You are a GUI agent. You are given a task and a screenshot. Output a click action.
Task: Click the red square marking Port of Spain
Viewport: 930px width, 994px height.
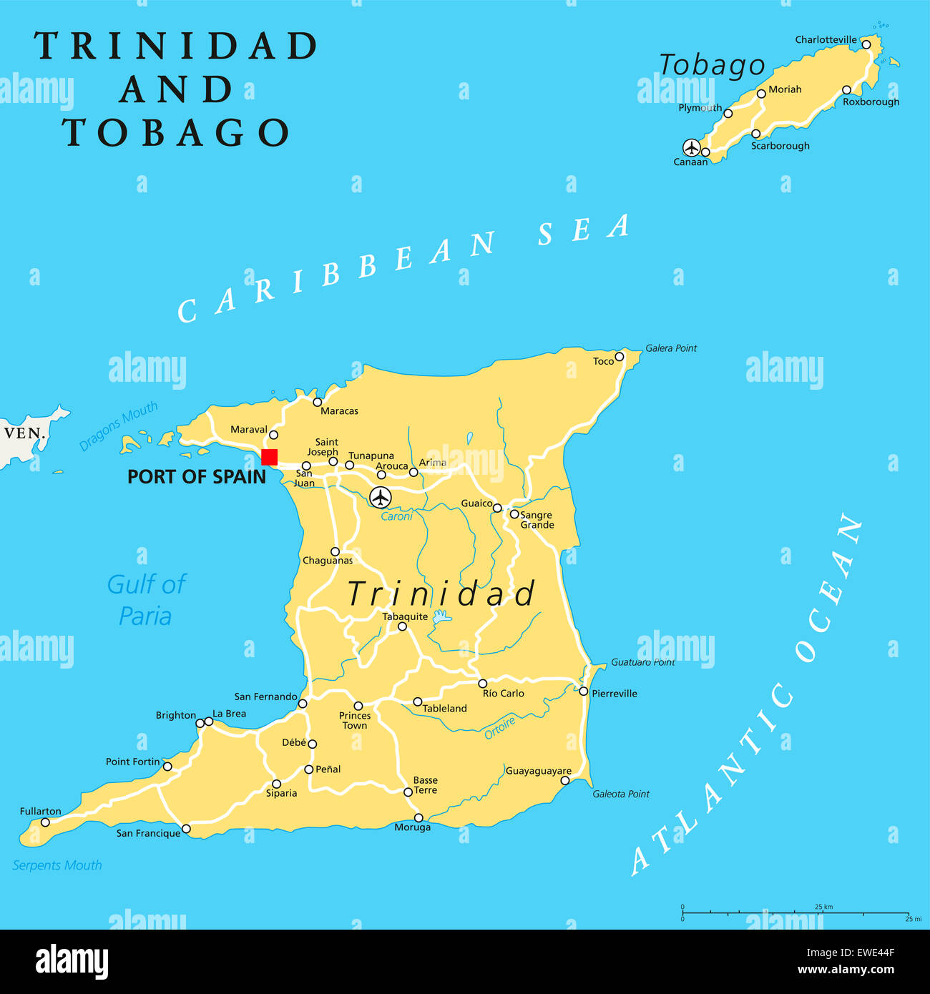(x=269, y=457)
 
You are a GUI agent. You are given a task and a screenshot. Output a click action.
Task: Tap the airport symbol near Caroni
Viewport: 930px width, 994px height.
(x=381, y=496)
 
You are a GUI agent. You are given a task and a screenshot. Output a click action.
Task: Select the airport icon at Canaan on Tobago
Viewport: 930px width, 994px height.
(x=691, y=147)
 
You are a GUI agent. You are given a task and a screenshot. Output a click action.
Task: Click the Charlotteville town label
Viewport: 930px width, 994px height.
(x=826, y=40)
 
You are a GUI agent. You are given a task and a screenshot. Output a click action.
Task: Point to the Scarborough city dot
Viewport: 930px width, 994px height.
(x=755, y=134)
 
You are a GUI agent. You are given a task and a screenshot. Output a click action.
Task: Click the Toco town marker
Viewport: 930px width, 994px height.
(x=620, y=357)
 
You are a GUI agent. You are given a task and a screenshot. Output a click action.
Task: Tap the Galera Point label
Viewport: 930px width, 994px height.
(x=670, y=348)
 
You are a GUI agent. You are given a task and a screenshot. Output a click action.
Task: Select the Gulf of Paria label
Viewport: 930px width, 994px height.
(x=146, y=600)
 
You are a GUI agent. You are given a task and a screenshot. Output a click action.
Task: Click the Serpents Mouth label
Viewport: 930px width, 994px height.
(x=57, y=865)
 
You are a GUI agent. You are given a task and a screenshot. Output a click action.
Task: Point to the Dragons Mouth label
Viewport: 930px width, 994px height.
(x=118, y=427)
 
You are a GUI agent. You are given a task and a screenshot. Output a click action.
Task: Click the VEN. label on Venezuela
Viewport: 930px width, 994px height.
(x=25, y=433)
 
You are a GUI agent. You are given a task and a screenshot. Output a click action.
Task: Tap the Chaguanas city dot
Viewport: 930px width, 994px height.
(x=335, y=551)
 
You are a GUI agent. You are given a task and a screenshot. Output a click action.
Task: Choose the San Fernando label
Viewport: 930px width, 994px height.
(x=265, y=697)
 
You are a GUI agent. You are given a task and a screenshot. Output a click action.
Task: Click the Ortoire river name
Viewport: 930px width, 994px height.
(x=499, y=728)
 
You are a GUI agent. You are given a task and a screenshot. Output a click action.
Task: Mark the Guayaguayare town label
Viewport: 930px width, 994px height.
(x=538, y=771)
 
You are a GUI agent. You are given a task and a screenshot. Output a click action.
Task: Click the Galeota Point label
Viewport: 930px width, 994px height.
(x=620, y=794)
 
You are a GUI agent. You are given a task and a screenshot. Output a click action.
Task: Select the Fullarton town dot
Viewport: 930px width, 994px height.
(x=45, y=822)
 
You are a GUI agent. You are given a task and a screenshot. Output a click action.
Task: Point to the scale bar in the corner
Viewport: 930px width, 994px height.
(x=795, y=912)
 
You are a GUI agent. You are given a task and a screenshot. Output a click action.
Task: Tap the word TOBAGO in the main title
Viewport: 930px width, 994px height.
(x=176, y=133)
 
